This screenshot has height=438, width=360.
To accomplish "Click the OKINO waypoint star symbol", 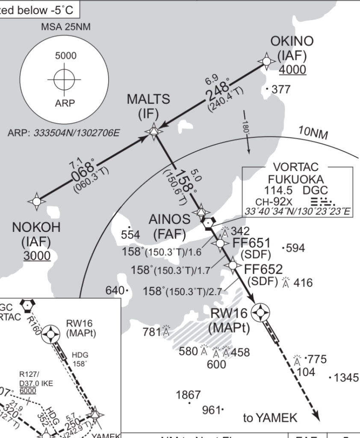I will (266, 62).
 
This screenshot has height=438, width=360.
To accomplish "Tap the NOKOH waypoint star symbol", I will (37, 201).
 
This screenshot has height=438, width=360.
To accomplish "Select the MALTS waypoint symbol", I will (153, 131).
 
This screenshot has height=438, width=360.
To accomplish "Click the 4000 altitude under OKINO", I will (293, 69).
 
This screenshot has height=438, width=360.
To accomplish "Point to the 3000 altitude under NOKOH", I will (37, 256).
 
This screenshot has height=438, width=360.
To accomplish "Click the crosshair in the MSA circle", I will (64, 79).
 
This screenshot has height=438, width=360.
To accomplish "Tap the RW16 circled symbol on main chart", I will (260, 313).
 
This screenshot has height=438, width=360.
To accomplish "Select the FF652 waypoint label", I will (263, 269).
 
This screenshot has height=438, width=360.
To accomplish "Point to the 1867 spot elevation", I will (188, 395).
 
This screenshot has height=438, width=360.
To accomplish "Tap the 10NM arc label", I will (313, 133).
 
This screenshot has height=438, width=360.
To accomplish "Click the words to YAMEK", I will (270, 417).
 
